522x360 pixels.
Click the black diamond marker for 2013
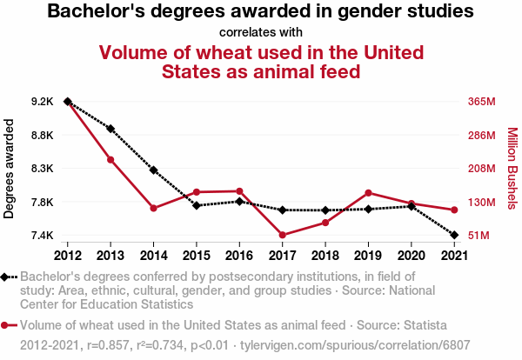[x=110, y=128]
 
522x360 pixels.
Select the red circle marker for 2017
[x=283, y=235]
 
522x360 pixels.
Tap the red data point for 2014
[x=153, y=208]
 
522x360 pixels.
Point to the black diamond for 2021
[x=454, y=235]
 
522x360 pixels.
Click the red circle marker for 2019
[x=368, y=193]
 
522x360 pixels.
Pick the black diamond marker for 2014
[x=153, y=170]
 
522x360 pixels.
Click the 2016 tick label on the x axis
[x=239, y=256]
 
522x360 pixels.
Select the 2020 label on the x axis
[x=411, y=256]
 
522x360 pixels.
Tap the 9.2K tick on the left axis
[x=43, y=102]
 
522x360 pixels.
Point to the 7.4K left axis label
[x=43, y=236]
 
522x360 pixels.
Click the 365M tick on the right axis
[x=480, y=102]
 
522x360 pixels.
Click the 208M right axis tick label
[x=480, y=169]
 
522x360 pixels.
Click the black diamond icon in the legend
[x=7, y=277]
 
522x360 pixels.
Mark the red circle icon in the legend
[x=7, y=325]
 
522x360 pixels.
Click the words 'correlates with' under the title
[x=260, y=32]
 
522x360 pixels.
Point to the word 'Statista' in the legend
[x=422, y=325]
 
